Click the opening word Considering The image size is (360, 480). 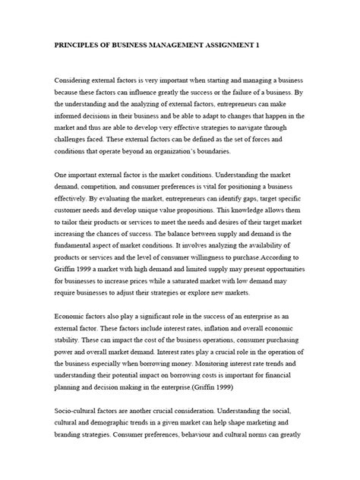(x=75, y=79)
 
